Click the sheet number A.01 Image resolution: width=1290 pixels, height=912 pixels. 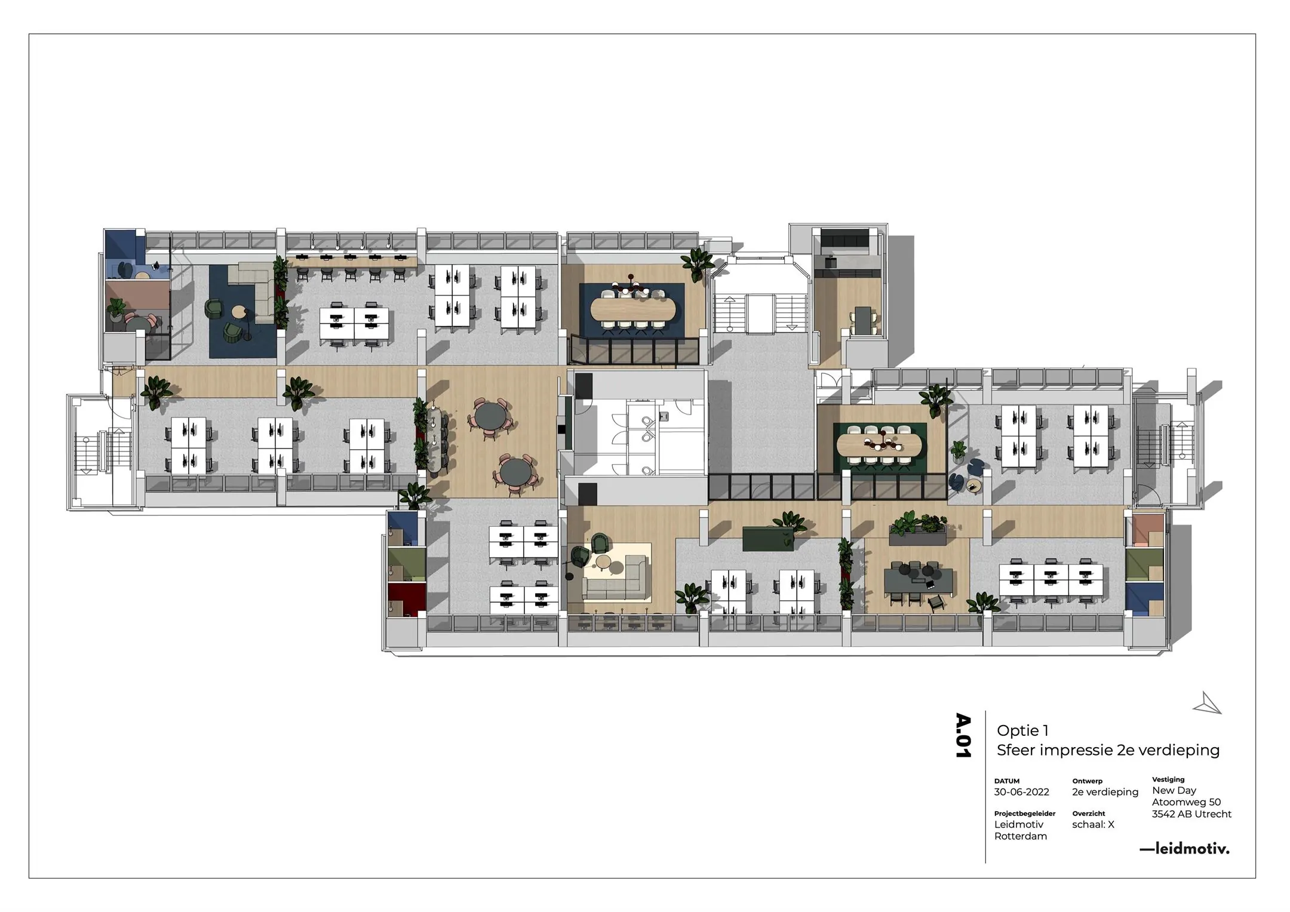963,735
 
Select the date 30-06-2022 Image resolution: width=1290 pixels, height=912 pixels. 1021,792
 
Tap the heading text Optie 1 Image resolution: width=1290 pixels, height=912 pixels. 1022,730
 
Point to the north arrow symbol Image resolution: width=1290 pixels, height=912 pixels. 1208,704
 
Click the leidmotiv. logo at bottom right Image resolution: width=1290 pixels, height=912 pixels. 1184,849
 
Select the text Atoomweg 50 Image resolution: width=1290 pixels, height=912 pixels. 1186,802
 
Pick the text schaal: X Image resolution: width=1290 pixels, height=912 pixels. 1093,825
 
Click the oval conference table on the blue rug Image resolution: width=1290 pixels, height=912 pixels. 633,309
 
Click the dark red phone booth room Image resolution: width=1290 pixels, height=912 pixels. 406,599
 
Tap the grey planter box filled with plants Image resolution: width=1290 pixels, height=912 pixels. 917,535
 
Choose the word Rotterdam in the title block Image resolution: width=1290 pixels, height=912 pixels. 1021,836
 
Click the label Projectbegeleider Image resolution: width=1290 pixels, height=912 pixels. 1025,813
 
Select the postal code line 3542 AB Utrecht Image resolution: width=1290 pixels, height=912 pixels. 1191,814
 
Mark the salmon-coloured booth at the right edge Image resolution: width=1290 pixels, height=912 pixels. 1145,530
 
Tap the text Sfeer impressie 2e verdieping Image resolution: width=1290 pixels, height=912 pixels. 1108,750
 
